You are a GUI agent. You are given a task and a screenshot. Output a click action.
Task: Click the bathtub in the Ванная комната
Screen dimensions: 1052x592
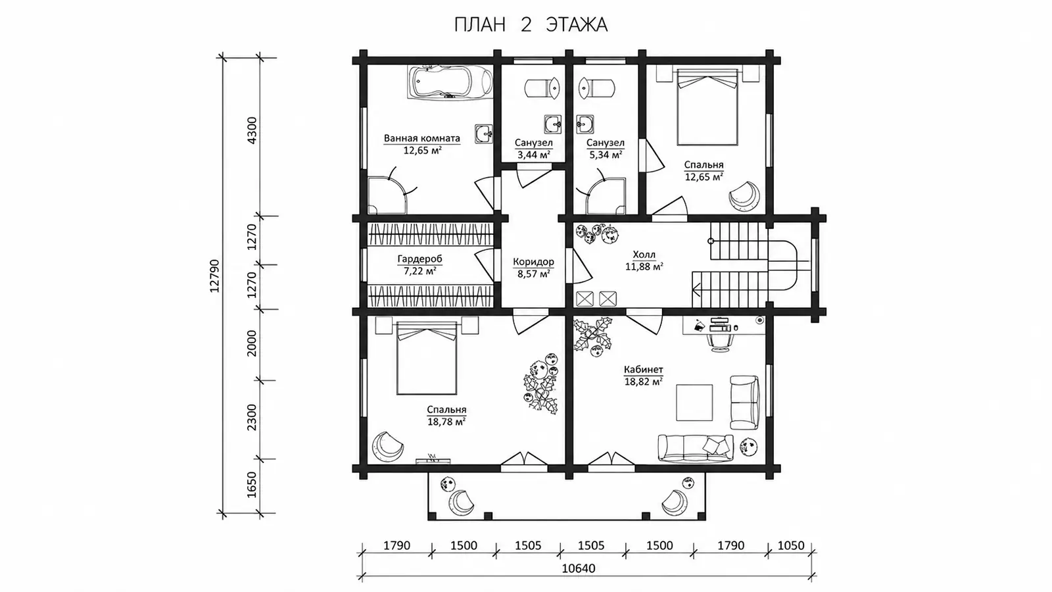450,82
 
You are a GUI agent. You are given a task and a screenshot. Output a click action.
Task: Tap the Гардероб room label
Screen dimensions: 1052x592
420,259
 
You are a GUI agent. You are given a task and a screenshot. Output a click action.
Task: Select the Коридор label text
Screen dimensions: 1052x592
533,262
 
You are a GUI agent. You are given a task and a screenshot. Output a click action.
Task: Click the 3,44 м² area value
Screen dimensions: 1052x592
533,155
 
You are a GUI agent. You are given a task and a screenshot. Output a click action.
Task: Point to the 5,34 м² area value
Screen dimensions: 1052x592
606,155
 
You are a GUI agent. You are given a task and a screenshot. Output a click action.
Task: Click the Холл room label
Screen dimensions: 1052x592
644,255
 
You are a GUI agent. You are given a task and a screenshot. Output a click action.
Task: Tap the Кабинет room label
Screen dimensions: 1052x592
644,369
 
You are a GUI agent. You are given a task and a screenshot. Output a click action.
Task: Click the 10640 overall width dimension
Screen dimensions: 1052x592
579,568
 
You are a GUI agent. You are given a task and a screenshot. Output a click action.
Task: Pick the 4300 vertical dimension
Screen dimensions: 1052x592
252,130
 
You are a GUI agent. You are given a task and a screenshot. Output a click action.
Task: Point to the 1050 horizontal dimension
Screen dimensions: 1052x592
791,545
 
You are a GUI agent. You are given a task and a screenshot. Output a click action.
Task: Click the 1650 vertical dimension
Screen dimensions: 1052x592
252,484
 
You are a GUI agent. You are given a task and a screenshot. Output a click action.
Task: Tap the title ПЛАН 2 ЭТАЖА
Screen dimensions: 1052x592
531,25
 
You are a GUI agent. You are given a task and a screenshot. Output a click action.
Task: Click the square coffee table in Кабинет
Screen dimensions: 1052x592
694,403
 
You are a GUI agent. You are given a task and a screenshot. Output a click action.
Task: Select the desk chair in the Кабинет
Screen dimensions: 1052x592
719,341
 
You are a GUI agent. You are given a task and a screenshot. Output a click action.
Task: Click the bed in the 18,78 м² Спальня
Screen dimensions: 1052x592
427,358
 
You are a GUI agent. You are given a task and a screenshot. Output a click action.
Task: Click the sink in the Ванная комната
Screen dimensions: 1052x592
483,134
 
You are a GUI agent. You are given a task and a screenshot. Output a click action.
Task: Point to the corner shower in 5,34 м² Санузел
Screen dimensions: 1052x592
606,196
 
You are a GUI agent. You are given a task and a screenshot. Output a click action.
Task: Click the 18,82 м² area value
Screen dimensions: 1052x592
644,382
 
